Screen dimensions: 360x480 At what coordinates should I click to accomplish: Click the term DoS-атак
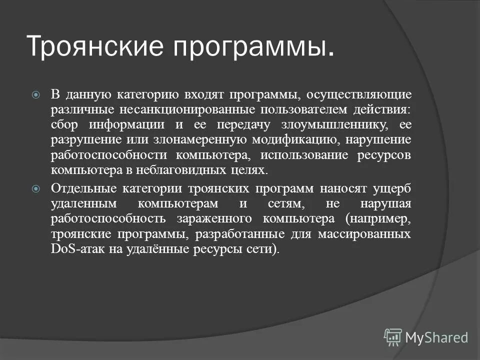[x=74, y=249]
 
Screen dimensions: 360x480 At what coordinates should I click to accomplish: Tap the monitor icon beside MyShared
[x=392, y=337]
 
